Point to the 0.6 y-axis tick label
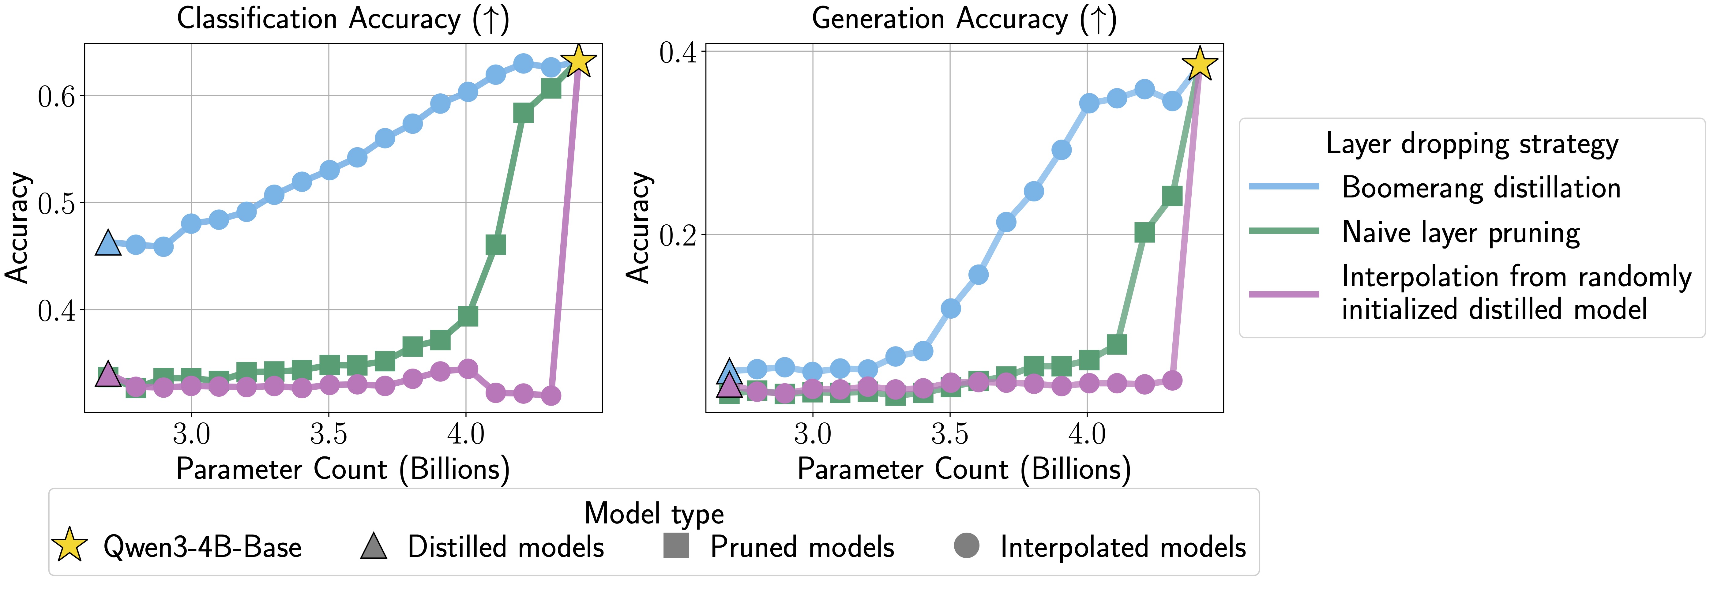[x=57, y=96]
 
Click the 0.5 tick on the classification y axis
[x=57, y=203]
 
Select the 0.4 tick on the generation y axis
[x=678, y=52]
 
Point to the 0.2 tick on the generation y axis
[x=678, y=235]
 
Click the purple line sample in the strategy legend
[x=1284, y=293]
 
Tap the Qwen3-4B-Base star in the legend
[x=70, y=545]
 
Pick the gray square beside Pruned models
[x=676, y=545]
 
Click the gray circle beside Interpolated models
[x=967, y=545]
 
